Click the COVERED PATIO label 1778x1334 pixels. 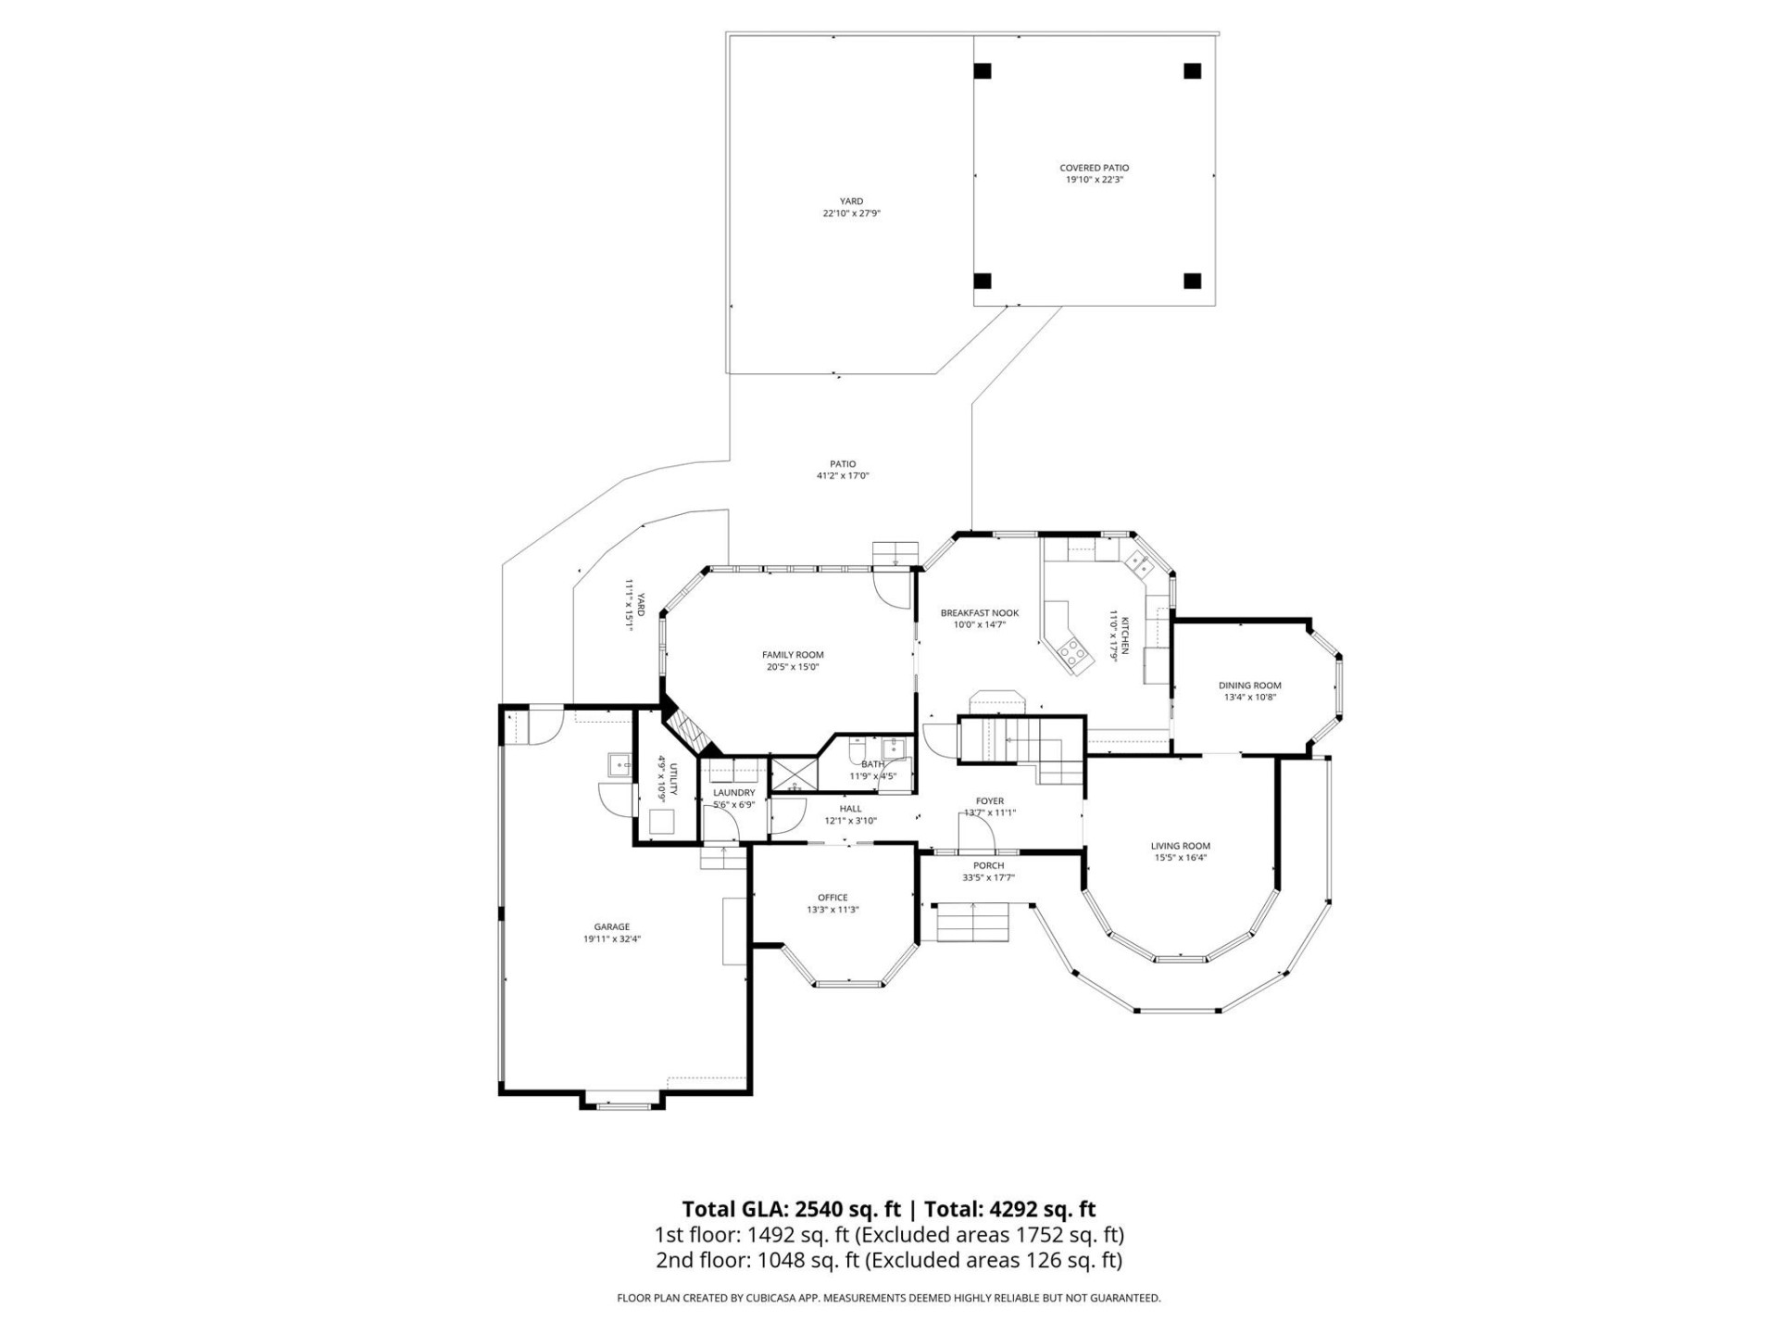tap(1094, 168)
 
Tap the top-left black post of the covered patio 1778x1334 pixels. tap(983, 70)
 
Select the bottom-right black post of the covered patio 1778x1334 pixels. tap(1193, 281)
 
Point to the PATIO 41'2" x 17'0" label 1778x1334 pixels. tap(842, 470)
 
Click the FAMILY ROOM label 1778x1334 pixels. tap(793, 655)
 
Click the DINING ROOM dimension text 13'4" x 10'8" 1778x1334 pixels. tap(1249, 698)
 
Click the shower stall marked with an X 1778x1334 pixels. tap(795, 774)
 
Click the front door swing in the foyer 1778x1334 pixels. tap(976, 832)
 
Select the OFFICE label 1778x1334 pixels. tap(833, 898)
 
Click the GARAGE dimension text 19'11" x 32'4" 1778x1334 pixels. tap(611, 938)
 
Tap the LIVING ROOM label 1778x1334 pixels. tap(1180, 846)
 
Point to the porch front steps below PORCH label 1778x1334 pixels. tap(971, 923)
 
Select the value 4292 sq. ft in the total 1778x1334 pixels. tap(1042, 1209)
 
